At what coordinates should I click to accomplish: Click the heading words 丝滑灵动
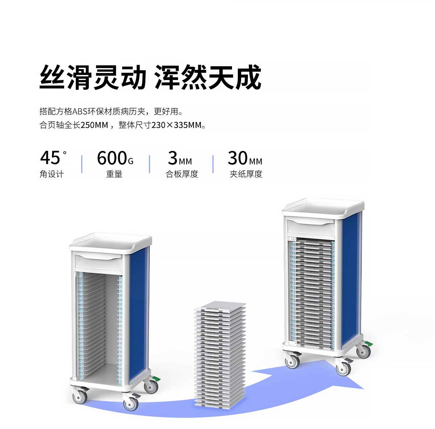tap(92, 77)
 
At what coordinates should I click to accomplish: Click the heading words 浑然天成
tap(208, 77)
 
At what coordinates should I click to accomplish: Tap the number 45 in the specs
tap(50, 158)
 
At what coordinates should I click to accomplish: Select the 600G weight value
tap(115, 158)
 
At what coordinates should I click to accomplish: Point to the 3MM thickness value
tap(180, 158)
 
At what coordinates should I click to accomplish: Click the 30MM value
tap(245, 158)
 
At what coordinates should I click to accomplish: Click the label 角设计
tap(51, 174)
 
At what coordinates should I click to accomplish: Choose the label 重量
tap(114, 174)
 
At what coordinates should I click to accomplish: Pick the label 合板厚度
tap(182, 174)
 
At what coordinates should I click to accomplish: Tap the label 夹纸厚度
tap(246, 174)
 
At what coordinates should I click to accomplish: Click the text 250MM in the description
tap(94, 125)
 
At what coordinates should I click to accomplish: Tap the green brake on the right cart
tap(369, 343)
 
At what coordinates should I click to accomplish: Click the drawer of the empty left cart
tap(99, 262)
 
